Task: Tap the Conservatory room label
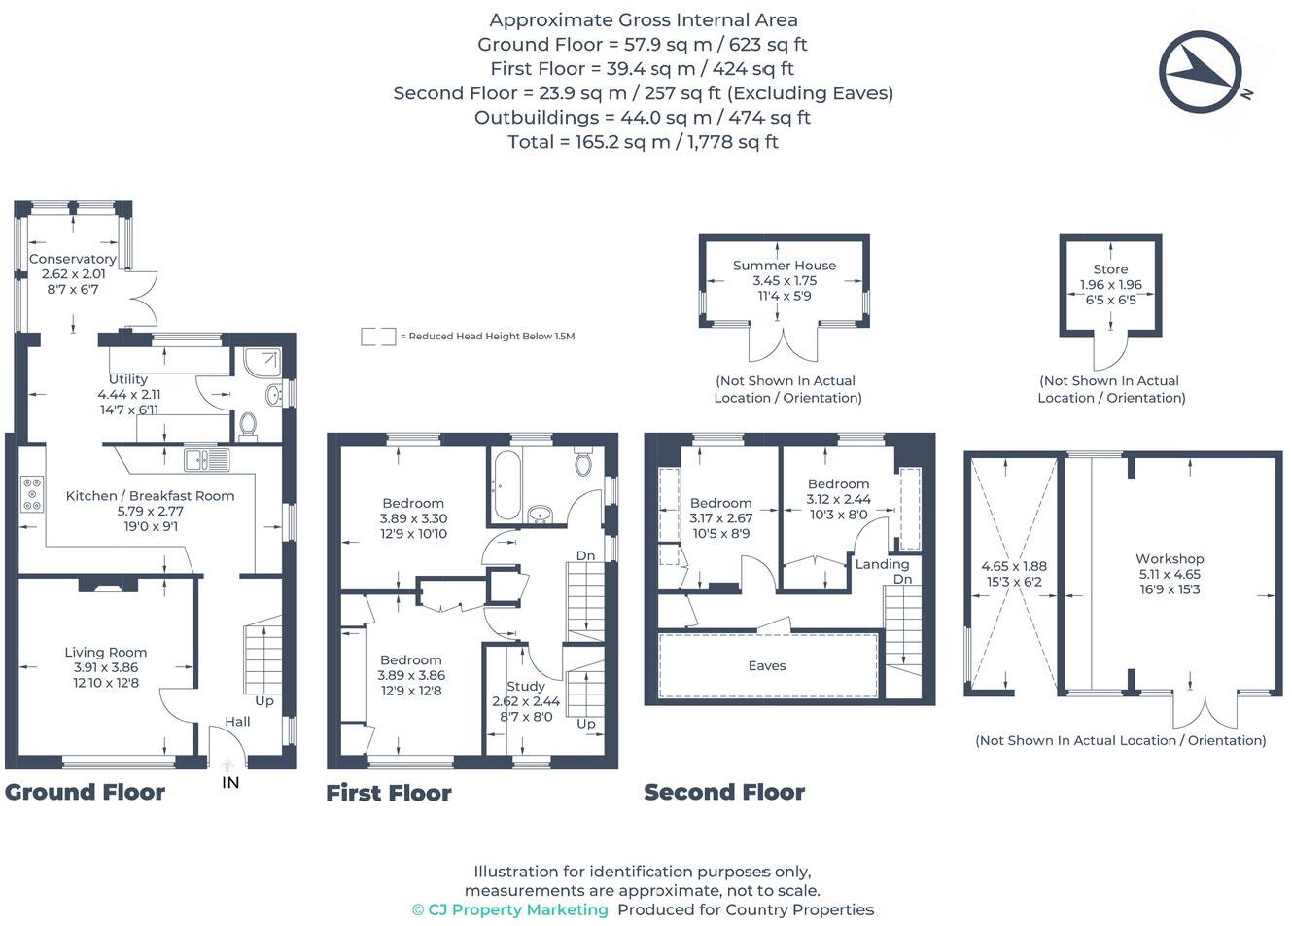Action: tap(73, 259)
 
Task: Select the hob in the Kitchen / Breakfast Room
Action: tap(32, 493)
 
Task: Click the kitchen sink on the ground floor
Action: tap(206, 459)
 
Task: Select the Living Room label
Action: tap(106, 653)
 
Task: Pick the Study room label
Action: tap(526, 686)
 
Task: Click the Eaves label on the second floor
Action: tap(767, 666)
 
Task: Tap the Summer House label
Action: tap(785, 265)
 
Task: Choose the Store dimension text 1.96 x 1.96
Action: tap(1110, 285)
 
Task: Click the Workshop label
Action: tap(1170, 559)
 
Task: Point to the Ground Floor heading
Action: tap(85, 792)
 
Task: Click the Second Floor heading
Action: tap(724, 792)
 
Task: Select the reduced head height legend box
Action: tap(378, 337)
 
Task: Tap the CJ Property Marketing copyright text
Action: tap(510, 910)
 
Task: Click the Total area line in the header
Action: tap(643, 142)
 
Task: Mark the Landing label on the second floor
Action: tap(882, 564)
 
